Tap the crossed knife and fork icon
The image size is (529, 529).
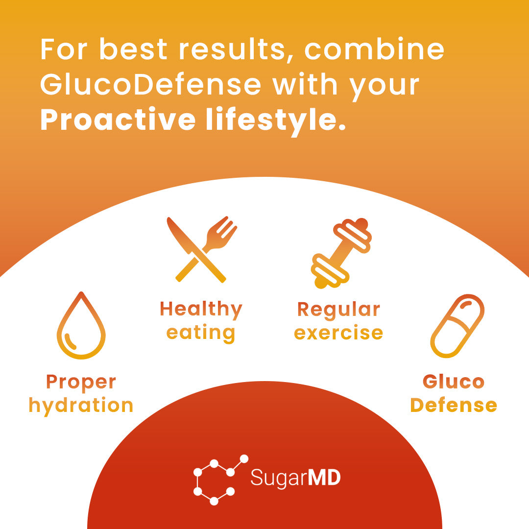point(201,249)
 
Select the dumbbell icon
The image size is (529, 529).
point(341,253)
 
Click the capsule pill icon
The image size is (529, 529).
point(457,326)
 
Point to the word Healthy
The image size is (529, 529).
point(201,310)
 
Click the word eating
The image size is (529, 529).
point(201,333)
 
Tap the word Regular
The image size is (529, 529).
point(338,310)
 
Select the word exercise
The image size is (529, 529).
point(338,333)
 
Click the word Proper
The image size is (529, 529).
point(81,382)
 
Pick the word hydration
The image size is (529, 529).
point(81,406)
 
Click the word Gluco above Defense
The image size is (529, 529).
point(454,382)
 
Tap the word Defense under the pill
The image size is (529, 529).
point(454,406)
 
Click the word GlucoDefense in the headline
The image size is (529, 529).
point(150,85)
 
